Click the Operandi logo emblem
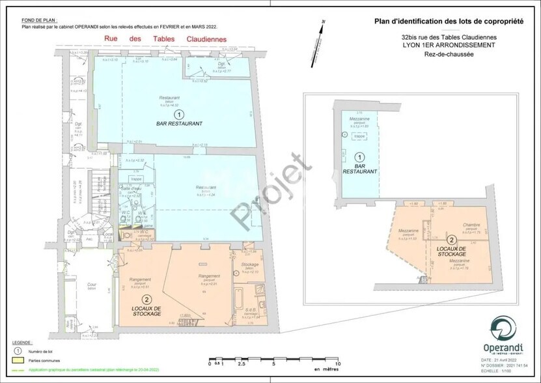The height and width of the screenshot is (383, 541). click(x=501, y=328)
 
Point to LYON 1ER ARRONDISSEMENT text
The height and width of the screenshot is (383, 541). click(x=448, y=46)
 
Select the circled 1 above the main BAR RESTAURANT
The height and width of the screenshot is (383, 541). click(x=171, y=113)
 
